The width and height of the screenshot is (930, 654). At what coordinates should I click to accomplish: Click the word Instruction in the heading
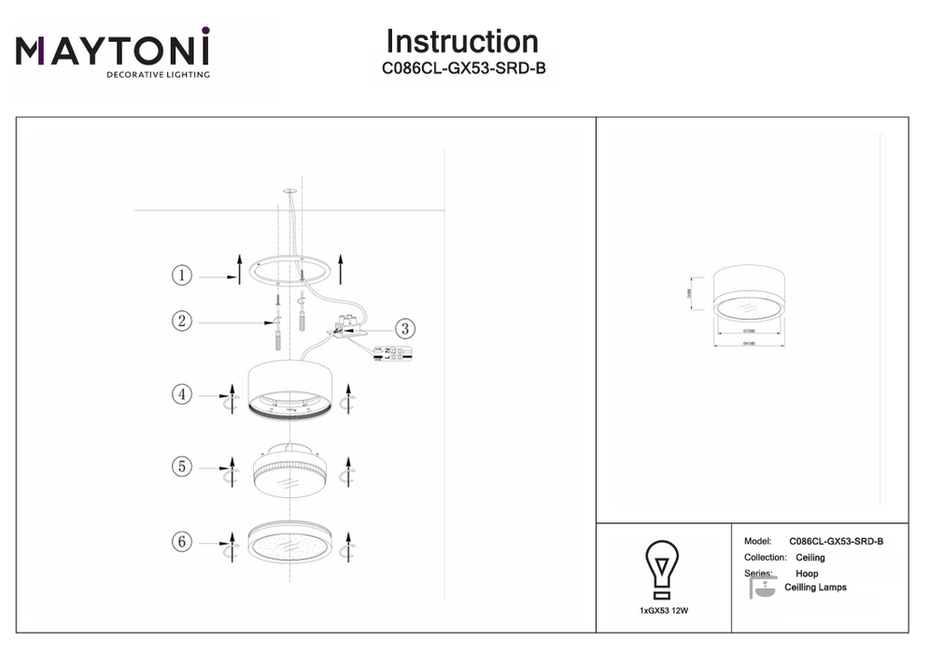click(x=461, y=42)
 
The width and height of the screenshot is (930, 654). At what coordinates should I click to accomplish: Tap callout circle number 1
click(x=181, y=275)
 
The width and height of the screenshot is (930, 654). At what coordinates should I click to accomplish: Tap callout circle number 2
click(x=181, y=321)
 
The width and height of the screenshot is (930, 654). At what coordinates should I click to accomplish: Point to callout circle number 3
click(x=404, y=328)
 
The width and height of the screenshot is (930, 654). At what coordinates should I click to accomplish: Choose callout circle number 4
click(x=181, y=394)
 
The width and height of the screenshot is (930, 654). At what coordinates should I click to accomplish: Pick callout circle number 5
click(x=181, y=464)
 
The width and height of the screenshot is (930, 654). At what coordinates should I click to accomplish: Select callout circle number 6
click(x=181, y=540)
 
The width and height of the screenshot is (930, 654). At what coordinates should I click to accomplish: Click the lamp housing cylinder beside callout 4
click(x=289, y=383)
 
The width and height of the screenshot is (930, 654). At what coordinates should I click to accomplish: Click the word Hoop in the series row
click(x=807, y=574)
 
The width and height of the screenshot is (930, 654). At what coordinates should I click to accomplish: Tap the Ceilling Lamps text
click(x=815, y=588)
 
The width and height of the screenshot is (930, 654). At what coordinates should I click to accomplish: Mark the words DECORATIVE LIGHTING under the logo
click(x=158, y=74)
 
